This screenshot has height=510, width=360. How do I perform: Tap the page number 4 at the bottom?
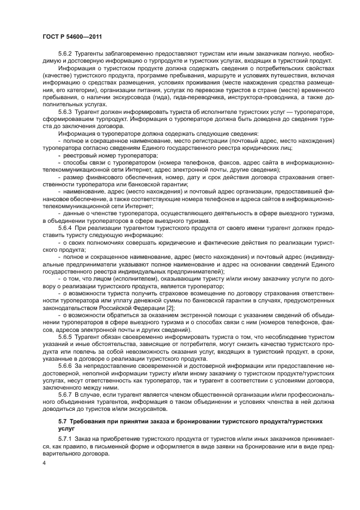(43, 462)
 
